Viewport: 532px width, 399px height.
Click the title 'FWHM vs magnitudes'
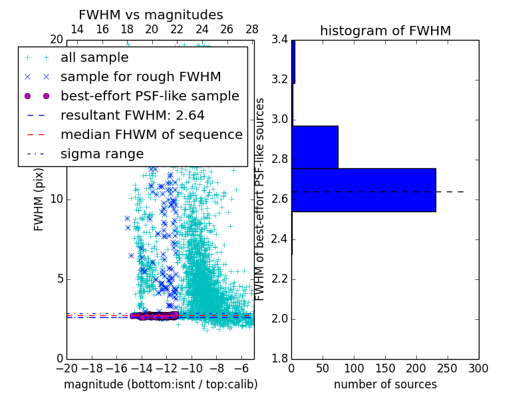coord(151,15)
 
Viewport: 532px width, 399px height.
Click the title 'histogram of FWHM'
coord(385,31)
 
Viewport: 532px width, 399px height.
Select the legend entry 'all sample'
coord(94,58)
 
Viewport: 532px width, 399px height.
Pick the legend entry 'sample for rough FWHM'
coord(140,77)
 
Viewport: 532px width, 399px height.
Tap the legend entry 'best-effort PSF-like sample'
coord(150,96)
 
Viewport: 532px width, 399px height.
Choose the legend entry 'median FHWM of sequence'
coord(151,134)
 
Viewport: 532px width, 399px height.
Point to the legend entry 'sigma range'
coord(102,154)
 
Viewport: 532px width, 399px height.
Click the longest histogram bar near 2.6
coord(363,190)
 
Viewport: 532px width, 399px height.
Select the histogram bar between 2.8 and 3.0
coord(315,147)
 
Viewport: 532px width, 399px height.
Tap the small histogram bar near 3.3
coord(293,61)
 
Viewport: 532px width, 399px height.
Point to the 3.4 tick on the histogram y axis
coord(279,40)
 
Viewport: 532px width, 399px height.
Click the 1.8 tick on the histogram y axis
coord(279,359)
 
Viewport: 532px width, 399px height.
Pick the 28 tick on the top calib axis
coord(252,29)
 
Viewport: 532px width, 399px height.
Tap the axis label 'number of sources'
coord(385,384)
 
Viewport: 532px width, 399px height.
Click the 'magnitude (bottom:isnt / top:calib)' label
coord(160,384)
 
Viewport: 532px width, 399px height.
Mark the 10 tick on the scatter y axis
coord(56,199)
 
